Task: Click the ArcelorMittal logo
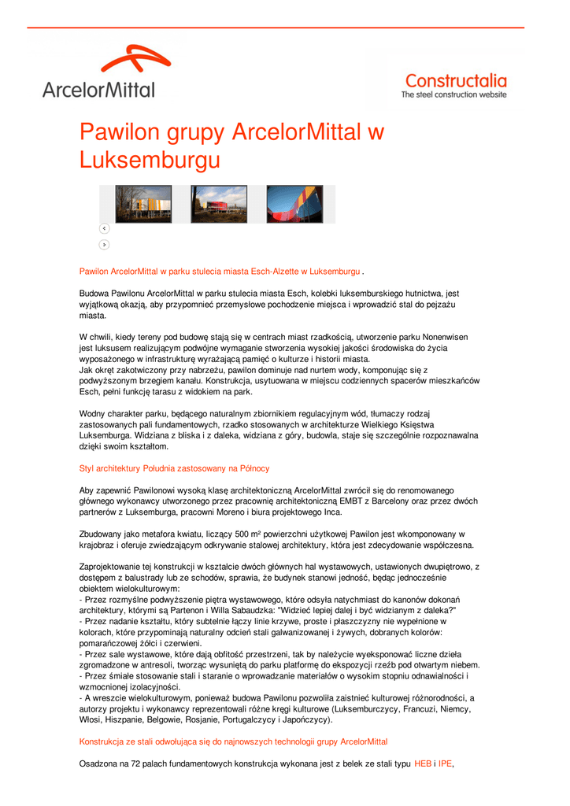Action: click(x=98, y=73)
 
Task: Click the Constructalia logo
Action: click(x=455, y=85)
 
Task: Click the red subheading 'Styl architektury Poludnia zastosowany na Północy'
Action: click(x=175, y=468)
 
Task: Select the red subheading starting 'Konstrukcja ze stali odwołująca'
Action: click(x=234, y=741)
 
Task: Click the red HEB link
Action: click(x=423, y=763)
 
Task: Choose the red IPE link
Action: click(x=446, y=763)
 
